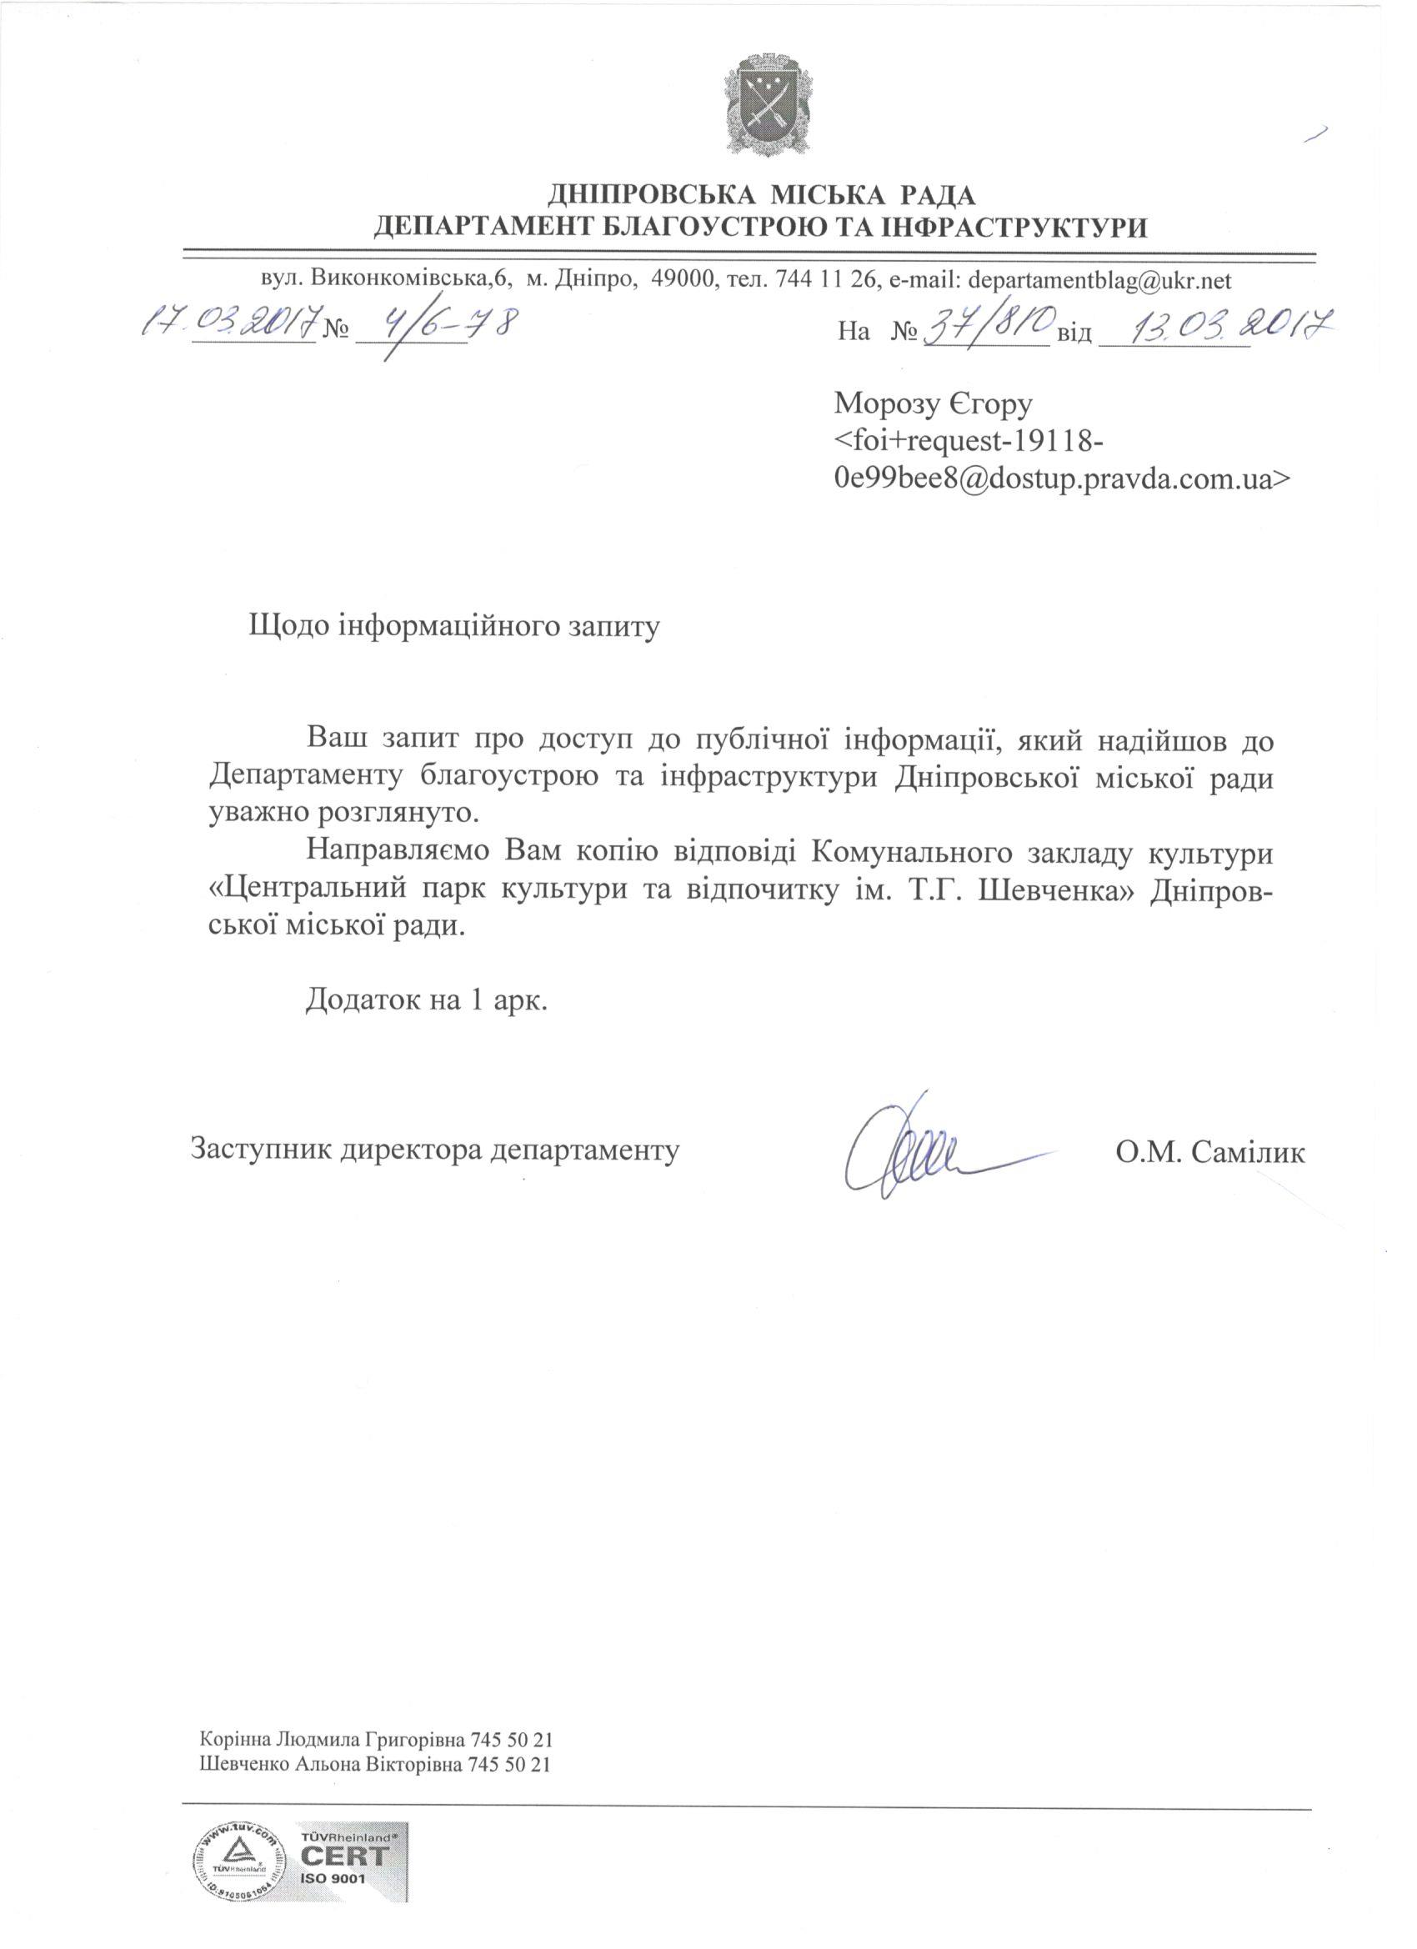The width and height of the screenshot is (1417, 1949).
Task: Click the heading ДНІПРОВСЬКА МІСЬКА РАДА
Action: (x=761, y=196)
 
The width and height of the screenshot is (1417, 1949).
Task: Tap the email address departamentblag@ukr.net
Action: (x=1100, y=280)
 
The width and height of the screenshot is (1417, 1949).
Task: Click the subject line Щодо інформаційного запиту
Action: (x=453, y=624)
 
